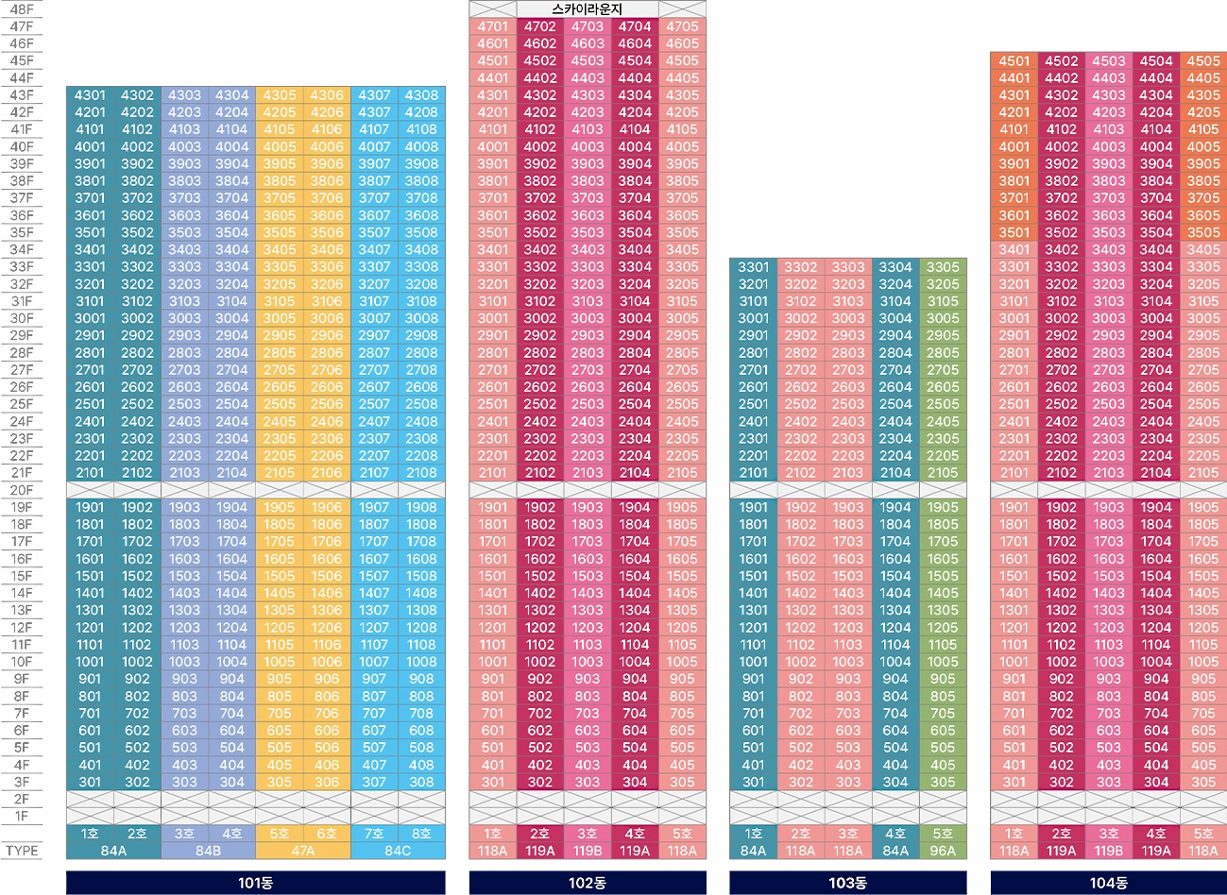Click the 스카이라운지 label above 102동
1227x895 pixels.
tap(588, 9)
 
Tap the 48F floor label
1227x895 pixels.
tap(21, 9)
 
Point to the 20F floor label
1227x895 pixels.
tap(21, 490)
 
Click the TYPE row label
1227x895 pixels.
tap(21, 851)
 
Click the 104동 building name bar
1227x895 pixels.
tap(1108, 883)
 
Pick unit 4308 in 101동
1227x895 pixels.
tap(421, 95)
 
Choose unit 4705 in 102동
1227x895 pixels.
tap(682, 26)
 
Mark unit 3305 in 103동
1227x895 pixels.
tap(943, 267)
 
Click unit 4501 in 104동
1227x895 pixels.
tap(1014, 61)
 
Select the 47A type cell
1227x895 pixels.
tap(303, 851)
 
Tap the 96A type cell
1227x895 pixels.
tap(943, 851)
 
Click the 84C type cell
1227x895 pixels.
tap(398, 851)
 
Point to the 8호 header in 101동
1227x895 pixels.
tap(421, 834)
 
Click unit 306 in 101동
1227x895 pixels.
tap(327, 782)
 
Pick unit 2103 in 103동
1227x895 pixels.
tap(848, 473)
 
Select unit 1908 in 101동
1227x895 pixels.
tap(421, 507)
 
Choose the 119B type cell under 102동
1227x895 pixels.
tap(588, 851)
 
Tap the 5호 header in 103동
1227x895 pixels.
tap(943, 834)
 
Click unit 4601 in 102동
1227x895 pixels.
tap(492, 43)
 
